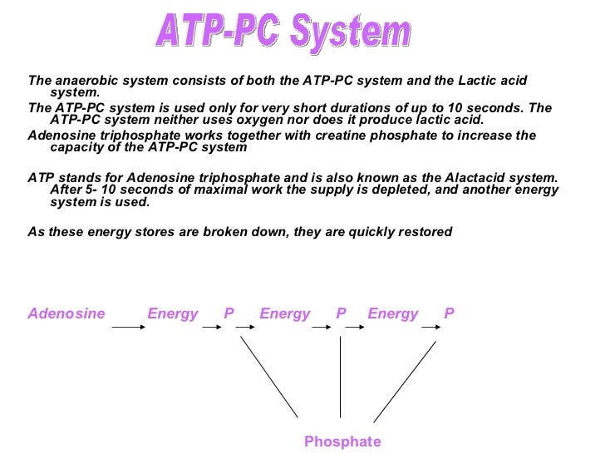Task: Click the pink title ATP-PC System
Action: (283, 33)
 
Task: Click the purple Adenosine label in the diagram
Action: (66, 313)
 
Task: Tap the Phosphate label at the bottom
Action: (342, 442)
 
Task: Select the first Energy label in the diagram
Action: (173, 313)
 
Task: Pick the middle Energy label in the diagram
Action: (284, 313)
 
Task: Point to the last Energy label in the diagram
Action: (392, 313)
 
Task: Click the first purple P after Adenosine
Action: (229, 313)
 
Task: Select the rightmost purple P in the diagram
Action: (449, 313)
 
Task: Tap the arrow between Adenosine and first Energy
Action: (129, 328)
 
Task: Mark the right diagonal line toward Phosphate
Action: (405, 380)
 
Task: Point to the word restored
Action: (424, 231)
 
